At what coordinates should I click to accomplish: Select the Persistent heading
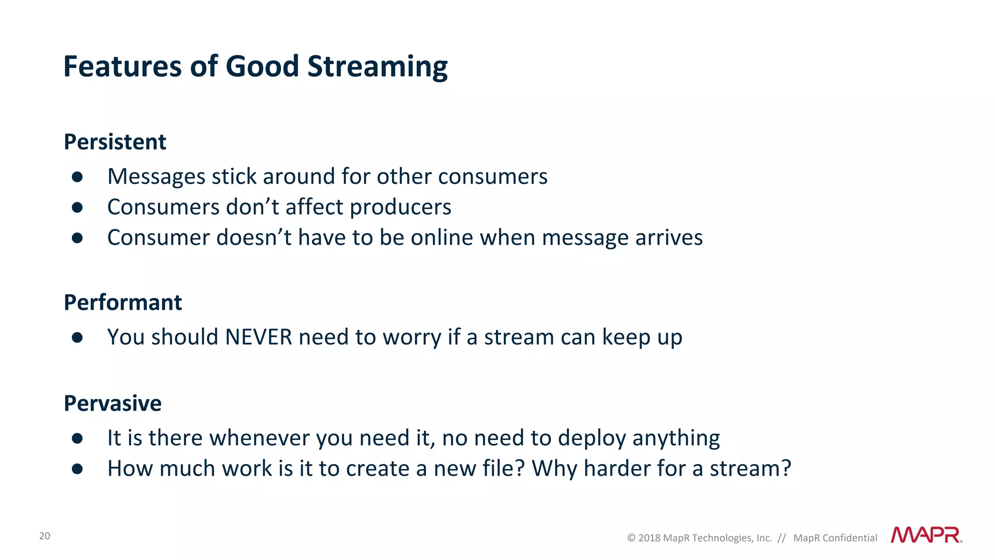click(x=115, y=142)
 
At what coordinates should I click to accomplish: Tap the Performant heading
click(x=123, y=302)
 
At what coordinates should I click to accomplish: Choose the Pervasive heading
click(x=113, y=403)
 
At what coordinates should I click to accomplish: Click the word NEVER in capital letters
click(x=258, y=337)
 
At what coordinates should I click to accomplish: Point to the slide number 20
click(x=45, y=536)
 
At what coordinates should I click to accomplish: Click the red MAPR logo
click(x=926, y=535)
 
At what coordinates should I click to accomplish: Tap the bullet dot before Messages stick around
click(x=77, y=176)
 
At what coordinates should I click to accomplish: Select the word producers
click(x=400, y=207)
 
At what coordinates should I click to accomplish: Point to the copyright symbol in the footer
click(x=631, y=538)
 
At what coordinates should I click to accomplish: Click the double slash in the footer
click(x=781, y=538)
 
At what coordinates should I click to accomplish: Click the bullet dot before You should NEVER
click(x=77, y=337)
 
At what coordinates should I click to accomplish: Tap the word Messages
click(x=156, y=176)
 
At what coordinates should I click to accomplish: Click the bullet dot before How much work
click(x=77, y=469)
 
